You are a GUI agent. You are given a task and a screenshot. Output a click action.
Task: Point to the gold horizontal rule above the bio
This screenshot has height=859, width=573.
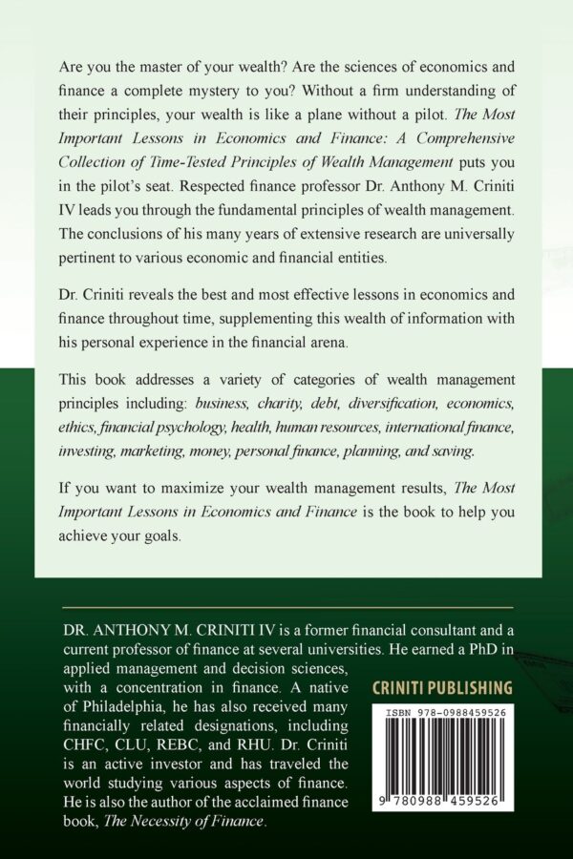click(x=286, y=608)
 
